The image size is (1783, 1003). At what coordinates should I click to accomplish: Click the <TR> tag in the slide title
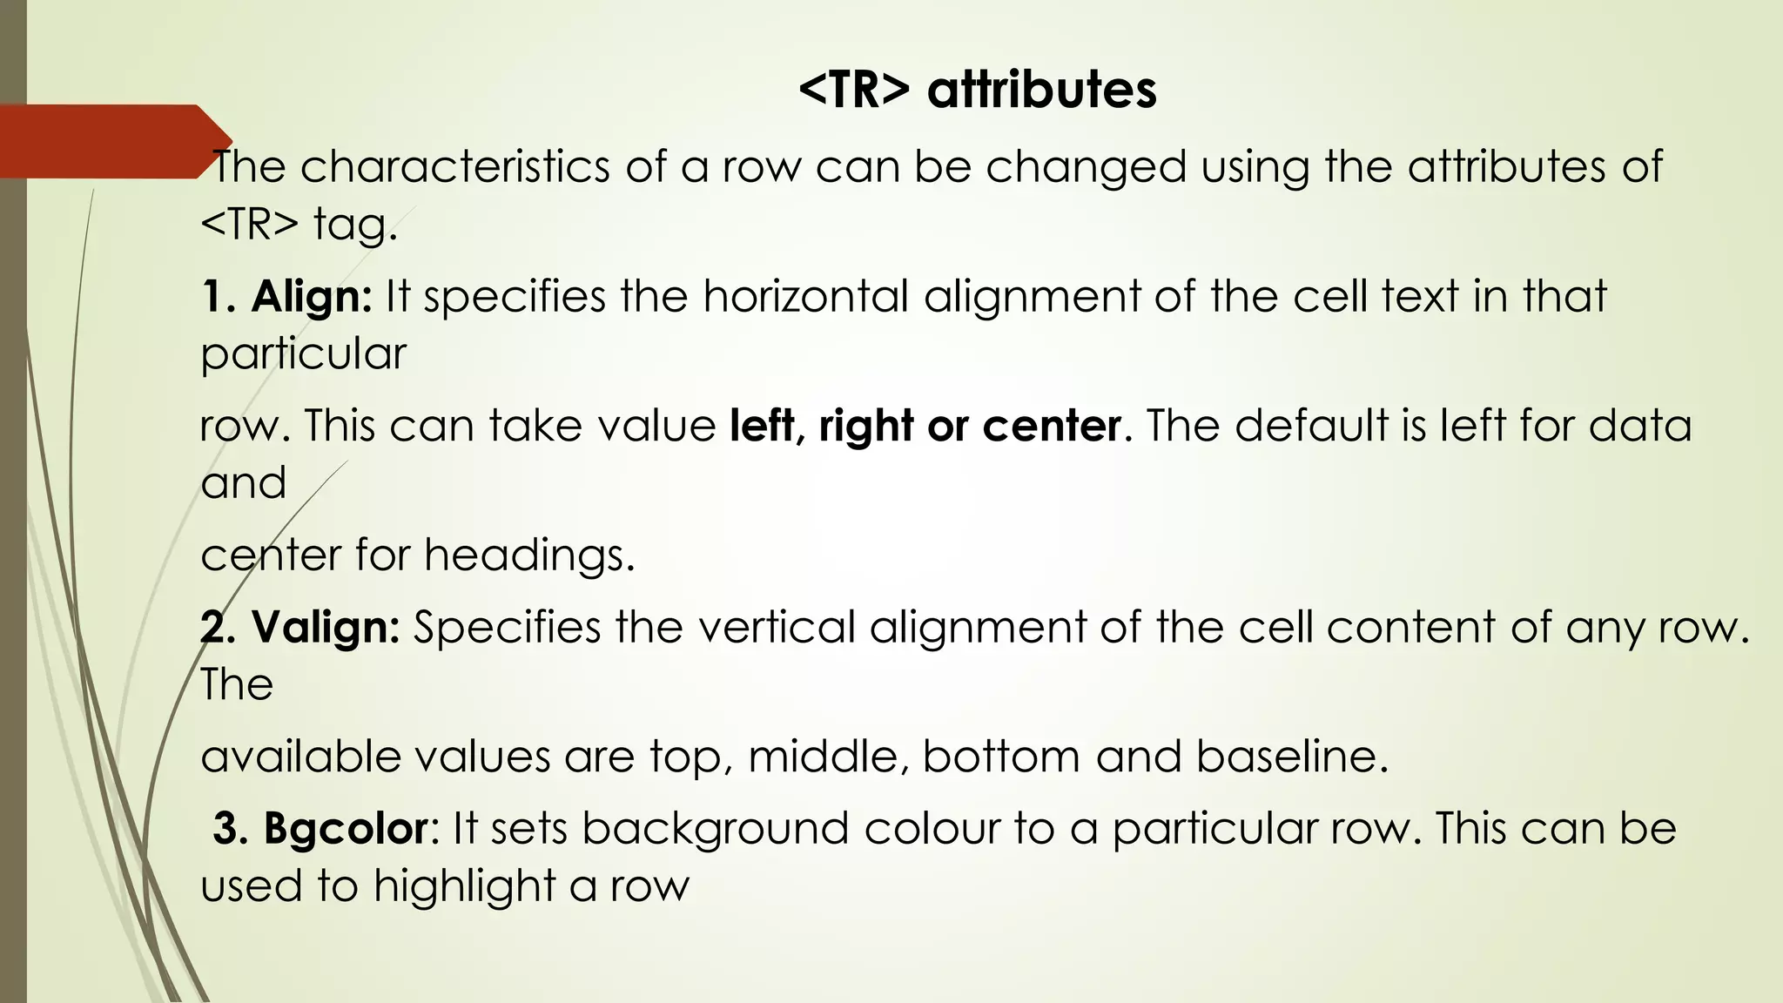coord(854,90)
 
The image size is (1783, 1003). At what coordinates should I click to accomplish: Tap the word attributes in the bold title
coord(1042,90)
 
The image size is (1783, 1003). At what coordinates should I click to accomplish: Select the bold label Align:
coord(312,297)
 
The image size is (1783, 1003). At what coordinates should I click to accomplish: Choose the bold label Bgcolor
coord(346,828)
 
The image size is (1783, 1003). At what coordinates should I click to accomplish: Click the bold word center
coord(1052,427)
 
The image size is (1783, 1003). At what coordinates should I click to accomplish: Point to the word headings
coord(529,555)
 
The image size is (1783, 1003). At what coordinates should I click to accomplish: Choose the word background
coord(715,828)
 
